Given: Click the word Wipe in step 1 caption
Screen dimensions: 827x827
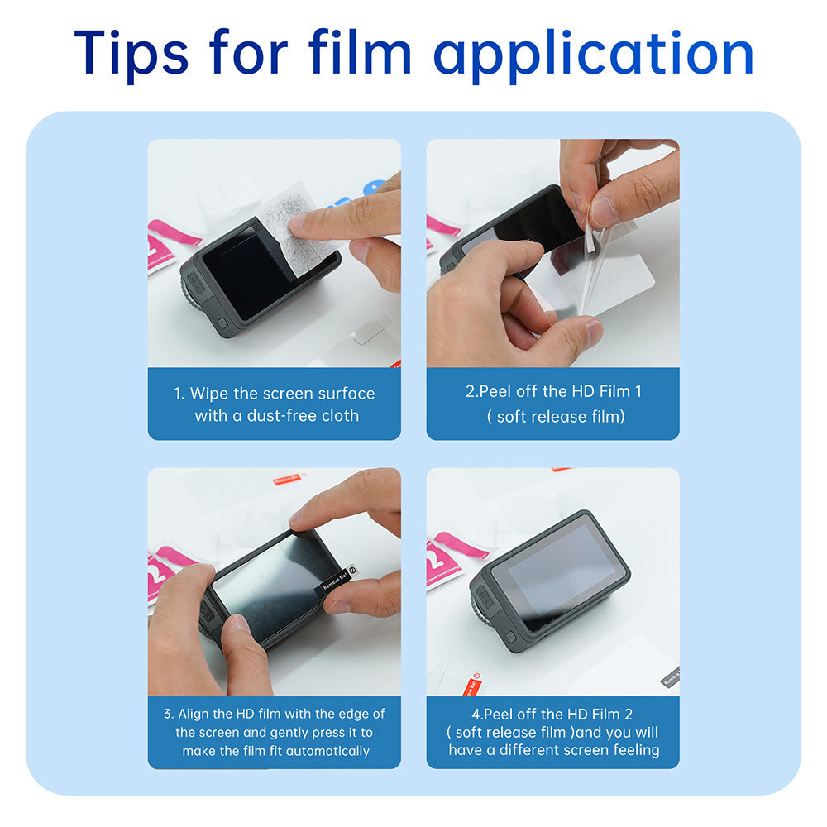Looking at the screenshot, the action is coord(209,394).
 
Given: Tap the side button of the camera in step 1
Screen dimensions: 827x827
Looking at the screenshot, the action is coord(222,323).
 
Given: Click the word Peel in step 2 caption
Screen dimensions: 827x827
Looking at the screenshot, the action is coord(495,391).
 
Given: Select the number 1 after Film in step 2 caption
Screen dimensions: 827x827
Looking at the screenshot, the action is coord(638,391).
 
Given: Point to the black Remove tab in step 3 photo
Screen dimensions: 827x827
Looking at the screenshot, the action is coord(334,581).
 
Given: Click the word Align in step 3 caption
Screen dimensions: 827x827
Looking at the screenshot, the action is coord(197,714).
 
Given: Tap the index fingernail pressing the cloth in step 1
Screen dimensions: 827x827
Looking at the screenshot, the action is coord(298,222).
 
